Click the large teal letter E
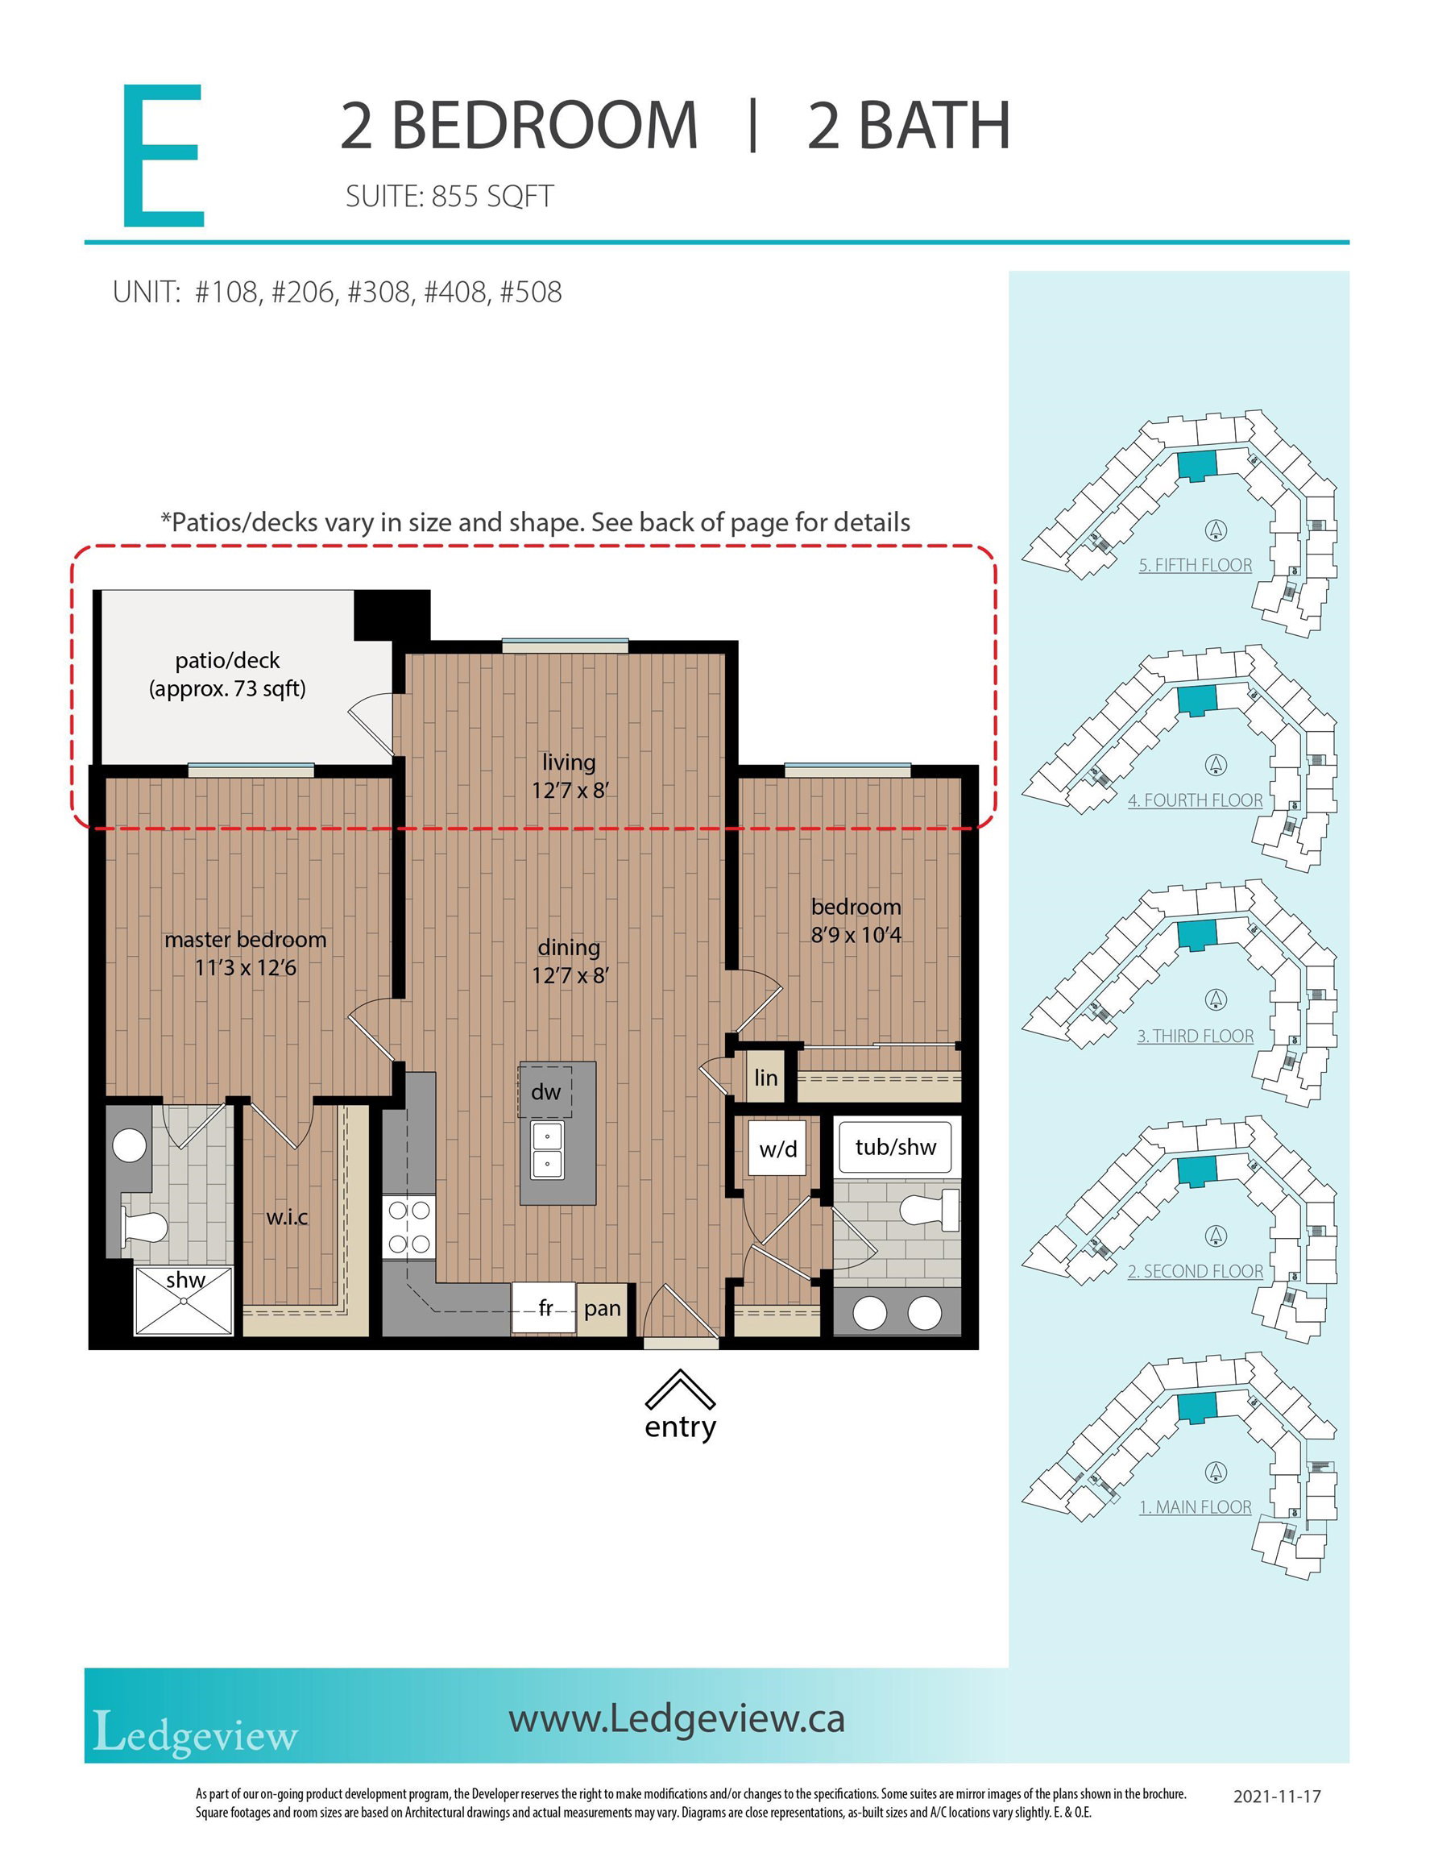point(164,156)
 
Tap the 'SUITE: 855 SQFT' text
point(450,197)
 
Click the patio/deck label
point(227,661)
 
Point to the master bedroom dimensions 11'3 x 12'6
point(246,968)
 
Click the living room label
point(569,762)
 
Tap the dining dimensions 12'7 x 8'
point(570,975)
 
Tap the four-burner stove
point(409,1228)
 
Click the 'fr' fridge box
point(544,1309)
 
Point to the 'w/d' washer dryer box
point(777,1148)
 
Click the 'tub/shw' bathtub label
point(896,1148)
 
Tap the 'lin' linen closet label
point(766,1078)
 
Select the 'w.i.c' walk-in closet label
point(288,1218)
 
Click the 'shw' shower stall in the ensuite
point(184,1301)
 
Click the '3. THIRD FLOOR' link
point(1196,1037)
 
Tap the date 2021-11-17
point(1277,1797)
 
